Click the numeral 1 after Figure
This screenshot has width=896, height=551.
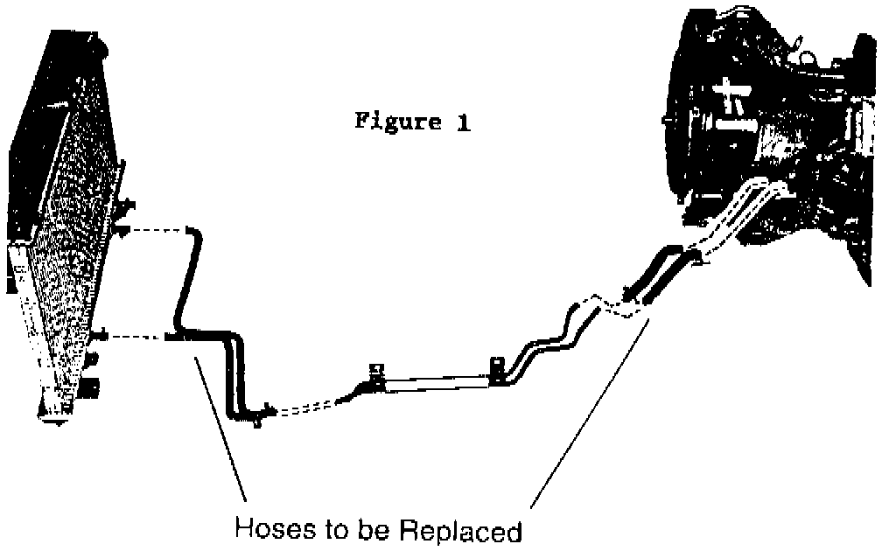click(461, 122)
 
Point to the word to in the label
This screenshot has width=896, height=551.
click(332, 530)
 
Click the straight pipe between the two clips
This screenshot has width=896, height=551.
click(437, 381)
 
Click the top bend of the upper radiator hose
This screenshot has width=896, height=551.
click(195, 234)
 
